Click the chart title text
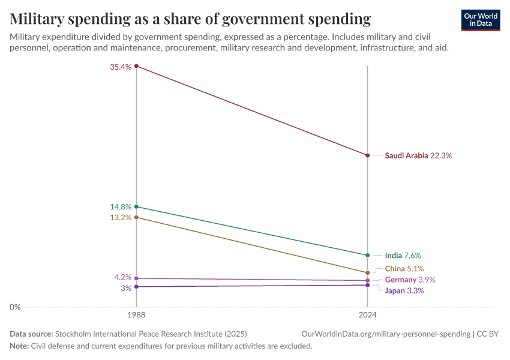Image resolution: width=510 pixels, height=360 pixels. click(190, 18)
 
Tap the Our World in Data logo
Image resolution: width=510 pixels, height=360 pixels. click(481, 20)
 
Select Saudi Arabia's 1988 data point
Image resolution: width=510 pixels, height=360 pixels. click(137, 66)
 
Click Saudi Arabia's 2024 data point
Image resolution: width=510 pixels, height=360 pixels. click(367, 155)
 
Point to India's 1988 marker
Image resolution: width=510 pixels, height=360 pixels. click(137, 206)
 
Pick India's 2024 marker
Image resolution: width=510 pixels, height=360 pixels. click(367, 256)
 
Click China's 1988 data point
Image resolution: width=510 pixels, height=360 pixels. click(137, 217)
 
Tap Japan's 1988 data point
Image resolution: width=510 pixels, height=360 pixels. click(137, 287)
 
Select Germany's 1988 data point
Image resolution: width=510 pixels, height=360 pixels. click(137, 278)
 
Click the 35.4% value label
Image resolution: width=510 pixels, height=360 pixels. click(121, 67)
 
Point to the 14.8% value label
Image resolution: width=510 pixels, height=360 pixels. click(121, 207)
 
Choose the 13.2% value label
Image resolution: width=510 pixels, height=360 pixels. click(121, 218)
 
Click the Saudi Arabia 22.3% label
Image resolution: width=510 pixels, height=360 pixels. click(418, 155)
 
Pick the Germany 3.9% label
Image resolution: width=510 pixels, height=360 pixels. click(410, 280)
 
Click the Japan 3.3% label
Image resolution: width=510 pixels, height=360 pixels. click(404, 291)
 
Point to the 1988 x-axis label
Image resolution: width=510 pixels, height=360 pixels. click(137, 314)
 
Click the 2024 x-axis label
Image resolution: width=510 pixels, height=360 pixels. click(367, 314)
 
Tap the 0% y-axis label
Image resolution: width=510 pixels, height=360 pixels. click(15, 307)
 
